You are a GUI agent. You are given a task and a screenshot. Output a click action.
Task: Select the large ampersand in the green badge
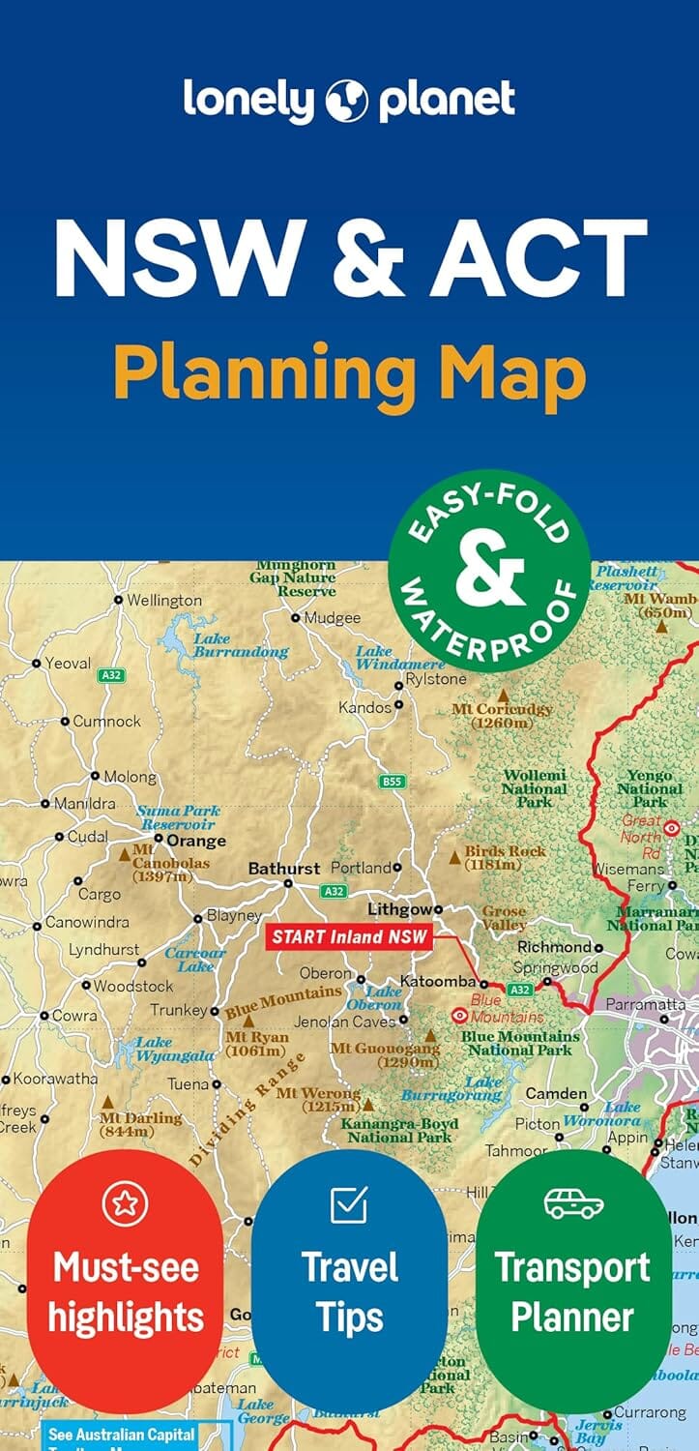click(489, 574)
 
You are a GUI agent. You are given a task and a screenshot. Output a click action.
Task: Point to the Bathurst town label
click(283, 869)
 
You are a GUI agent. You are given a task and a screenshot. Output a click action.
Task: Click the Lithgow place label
click(398, 909)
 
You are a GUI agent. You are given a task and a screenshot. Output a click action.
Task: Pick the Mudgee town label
click(332, 617)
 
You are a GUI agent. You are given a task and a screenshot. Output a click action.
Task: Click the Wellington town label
click(164, 600)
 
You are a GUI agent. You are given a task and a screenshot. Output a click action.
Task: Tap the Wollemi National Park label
click(534, 788)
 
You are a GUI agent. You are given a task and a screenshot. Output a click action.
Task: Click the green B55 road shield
click(392, 781)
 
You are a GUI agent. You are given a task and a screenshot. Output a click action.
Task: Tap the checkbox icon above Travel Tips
click(348, 1204)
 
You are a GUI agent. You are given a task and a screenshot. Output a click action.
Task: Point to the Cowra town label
click(74, 1016)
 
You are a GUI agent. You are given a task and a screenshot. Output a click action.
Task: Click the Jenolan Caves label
click(345, 1021)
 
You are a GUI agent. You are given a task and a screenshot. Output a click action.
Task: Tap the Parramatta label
click(645, 1004)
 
